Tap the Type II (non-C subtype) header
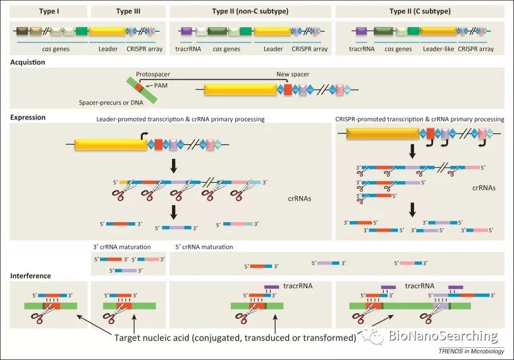250,11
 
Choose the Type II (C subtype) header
420,11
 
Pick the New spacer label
293,74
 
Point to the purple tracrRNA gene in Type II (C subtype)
361,31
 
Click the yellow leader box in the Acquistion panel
243,90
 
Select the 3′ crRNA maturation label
122,247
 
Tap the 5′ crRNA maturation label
204,247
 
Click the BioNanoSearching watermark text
443,336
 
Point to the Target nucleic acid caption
234,338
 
